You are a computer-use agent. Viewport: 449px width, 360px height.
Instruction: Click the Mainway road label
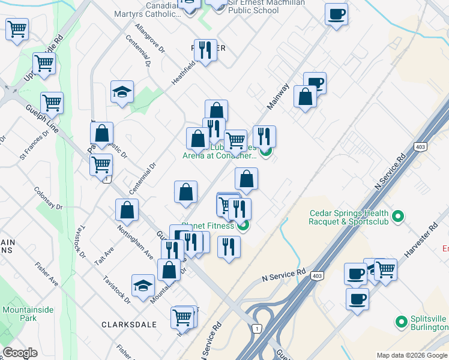tap(278, 96)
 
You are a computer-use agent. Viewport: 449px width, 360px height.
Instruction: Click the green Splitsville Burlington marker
tap(400, 322)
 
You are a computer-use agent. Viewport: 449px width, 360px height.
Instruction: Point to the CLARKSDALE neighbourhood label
tap(128, 325)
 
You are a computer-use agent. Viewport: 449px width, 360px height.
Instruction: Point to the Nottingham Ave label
tap(135, 244)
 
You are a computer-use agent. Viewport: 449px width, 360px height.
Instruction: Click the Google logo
tap(20, 353)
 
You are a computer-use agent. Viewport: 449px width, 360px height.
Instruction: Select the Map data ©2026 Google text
tap(412, 355)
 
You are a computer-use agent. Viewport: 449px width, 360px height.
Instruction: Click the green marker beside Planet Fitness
tap(243, 226)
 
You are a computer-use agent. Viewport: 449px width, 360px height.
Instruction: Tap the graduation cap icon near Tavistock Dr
tap(143, 285)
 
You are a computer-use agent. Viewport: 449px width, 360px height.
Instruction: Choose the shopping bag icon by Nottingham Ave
tap(127, 210)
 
